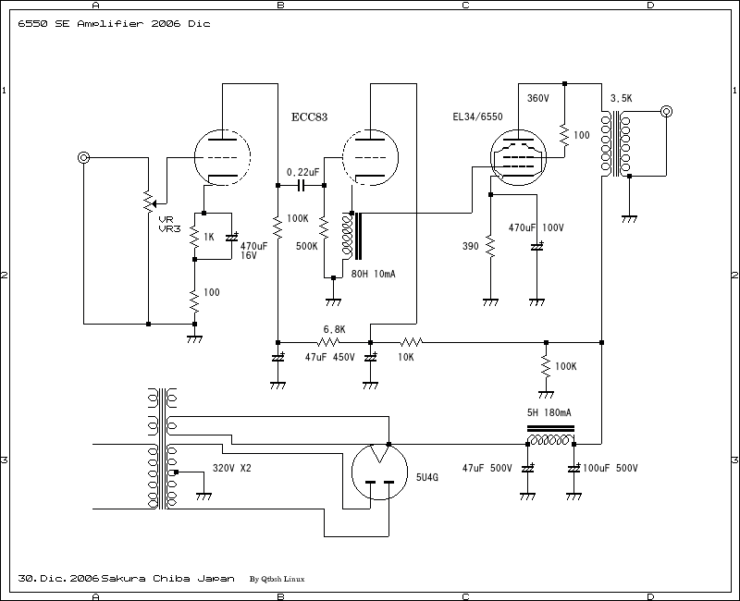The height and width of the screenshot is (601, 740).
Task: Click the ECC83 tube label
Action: (x=310, y=117)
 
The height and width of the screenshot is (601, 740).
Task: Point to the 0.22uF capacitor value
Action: (x=304, y=172)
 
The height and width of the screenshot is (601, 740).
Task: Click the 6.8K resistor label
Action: (x=334, y=329)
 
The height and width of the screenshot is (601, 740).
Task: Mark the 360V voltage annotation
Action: (x=538, y=98)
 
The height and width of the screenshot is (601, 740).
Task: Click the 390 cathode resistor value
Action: (x=469, y=247)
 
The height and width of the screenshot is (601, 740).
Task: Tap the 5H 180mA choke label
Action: (x=549, y=412)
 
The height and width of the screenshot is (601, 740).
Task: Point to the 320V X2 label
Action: (x=232, y=468)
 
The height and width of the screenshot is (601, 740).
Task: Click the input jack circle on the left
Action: (x=84, y=158)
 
